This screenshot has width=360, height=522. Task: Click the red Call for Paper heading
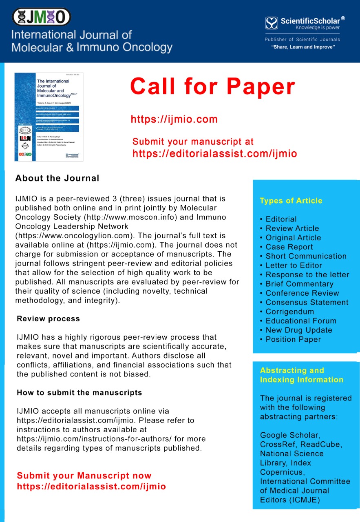[212, 86]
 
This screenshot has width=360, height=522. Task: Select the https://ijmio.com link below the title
[174, 119]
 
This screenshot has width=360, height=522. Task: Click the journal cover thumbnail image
[49, 117]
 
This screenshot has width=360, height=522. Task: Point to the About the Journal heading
[57, 178]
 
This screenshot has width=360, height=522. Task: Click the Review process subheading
[48, 319]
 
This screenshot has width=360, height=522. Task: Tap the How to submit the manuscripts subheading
[79, 393]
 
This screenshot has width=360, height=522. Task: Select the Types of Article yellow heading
[291, 201]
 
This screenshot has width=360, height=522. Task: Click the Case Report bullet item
[289, 247]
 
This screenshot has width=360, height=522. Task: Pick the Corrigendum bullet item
[289, 312]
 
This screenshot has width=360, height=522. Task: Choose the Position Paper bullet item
[293, 339]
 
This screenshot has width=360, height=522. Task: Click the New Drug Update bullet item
[298, 330]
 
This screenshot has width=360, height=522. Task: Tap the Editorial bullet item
[281, 219]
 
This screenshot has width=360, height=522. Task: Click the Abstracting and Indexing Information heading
[301, 375]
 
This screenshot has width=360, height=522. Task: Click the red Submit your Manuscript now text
[84, 476]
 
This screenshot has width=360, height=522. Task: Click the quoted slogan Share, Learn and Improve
[303, 47]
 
